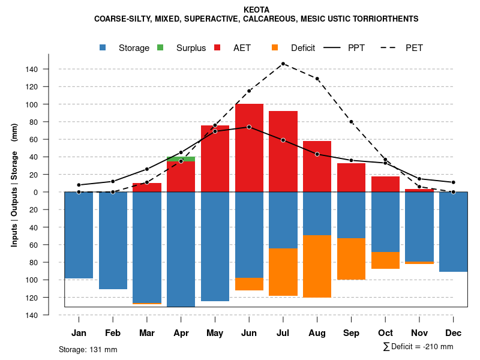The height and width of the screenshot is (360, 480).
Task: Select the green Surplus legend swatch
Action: (x=160, y=48)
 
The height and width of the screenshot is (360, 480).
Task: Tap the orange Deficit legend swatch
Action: (x=275, y=48)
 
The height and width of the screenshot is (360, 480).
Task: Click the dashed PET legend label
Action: (x=414, y=48)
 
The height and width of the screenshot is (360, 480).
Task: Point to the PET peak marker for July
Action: (x=283, y=64)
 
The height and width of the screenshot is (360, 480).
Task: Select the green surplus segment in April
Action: (x=181, y=159)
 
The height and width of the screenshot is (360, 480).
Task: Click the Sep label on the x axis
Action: (x=351, y=333)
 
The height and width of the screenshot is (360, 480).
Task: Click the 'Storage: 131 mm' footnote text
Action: (x=88, y=349)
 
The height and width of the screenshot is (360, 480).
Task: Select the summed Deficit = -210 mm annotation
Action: (x=418, y=347)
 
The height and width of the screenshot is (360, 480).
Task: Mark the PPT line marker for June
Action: (x=249, y=127)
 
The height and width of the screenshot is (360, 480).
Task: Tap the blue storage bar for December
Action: (x=453, y=232)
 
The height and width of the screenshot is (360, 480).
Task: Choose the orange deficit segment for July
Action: (x=283, y=272)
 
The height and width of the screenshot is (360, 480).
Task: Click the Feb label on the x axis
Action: (x=113, y=333)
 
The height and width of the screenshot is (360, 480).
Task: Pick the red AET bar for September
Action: (x=351, y=178)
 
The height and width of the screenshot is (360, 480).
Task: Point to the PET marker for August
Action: (x=317, y=79)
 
